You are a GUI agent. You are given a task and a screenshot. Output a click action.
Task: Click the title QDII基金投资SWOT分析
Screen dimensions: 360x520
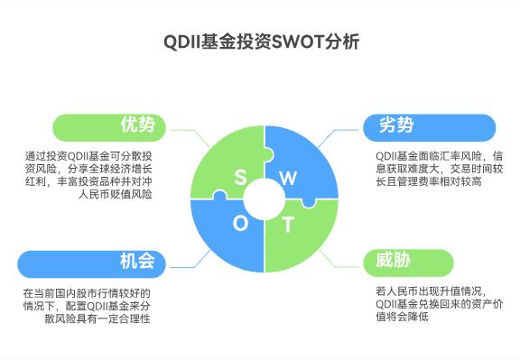[260, 42]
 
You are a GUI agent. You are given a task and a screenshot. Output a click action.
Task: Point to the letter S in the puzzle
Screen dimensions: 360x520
[240, 177]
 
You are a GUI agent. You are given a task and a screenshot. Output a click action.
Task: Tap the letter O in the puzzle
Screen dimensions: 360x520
[241, 224]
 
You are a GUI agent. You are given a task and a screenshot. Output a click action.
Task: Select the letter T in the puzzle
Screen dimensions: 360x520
[288, 224]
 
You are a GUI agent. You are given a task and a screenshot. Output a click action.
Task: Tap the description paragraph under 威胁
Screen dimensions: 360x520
[432, 303]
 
